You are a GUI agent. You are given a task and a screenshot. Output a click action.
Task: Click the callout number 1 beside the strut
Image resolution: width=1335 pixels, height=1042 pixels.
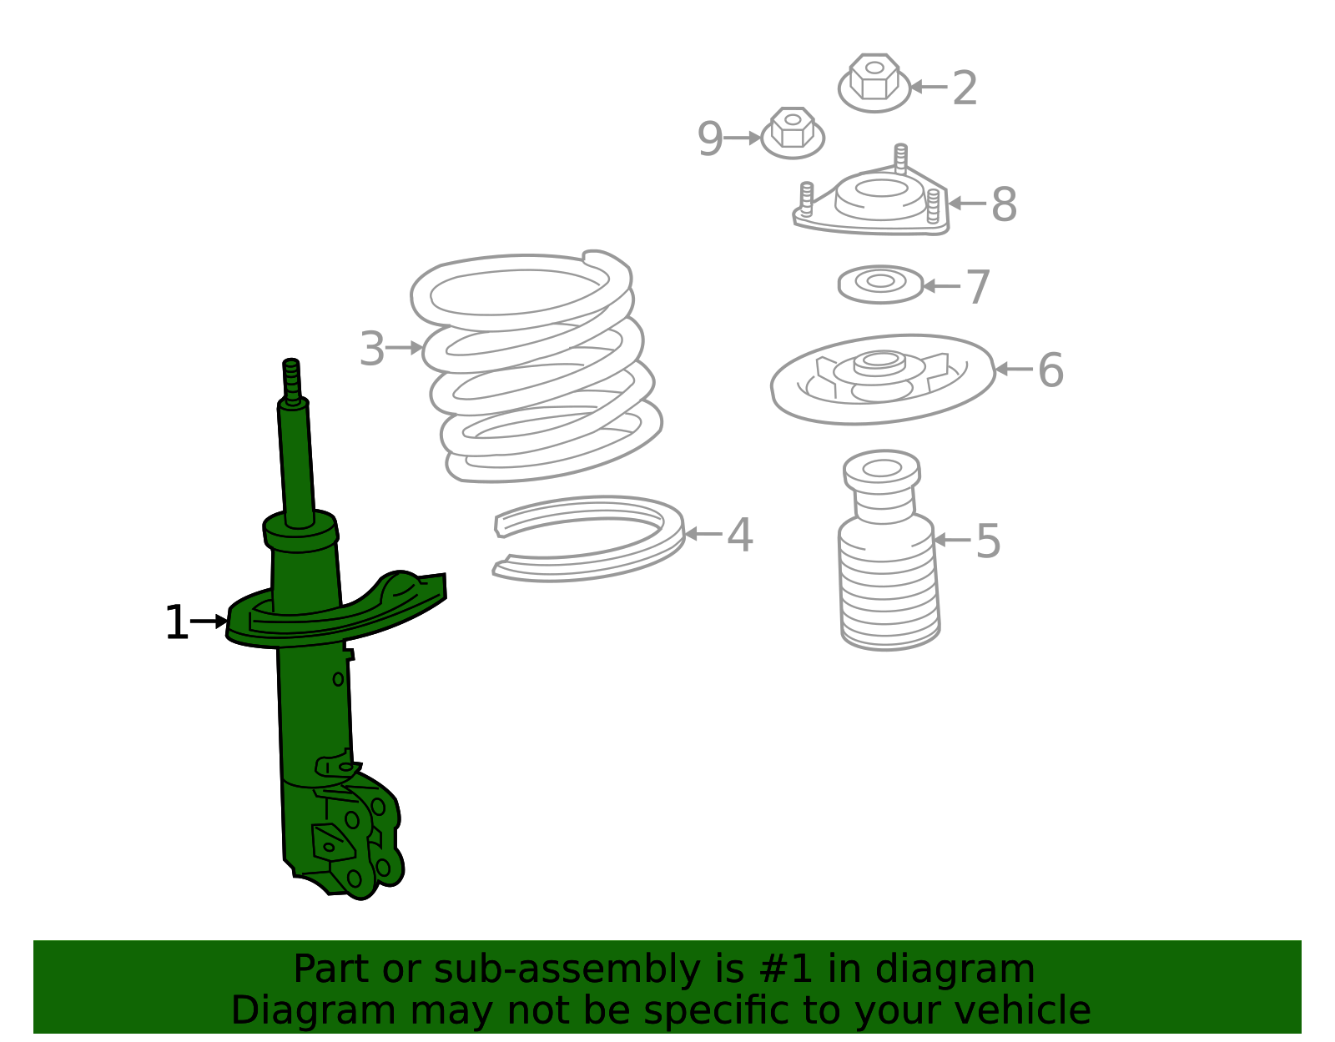pyautogui.click(x=177, y=622)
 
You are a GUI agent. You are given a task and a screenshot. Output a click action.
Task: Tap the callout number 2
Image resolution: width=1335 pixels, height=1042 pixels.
pyautogui.click(x=964, y=88)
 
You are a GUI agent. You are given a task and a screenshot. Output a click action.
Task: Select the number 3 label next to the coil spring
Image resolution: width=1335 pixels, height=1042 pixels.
pyautogui.click(x=371, y=348)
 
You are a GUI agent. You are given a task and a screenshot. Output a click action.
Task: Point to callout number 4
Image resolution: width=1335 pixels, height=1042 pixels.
pyautogui.click(x=740, y=535)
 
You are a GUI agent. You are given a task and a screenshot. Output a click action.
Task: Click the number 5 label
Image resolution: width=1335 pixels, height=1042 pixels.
pyautogui.click(x=988, y=541)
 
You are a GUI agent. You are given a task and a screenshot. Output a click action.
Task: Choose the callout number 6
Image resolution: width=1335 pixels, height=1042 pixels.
pyautogui.click(x=1050, y=370)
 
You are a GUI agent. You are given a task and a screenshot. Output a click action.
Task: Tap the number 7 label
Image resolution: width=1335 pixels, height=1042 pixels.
pyautogui.click(x=978, y=287)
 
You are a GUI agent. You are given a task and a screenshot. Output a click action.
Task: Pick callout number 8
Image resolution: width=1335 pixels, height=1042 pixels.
pyautogui.click(x=1004, y=204)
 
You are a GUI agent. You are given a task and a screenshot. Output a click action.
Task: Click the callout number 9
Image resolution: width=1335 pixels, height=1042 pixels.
pyautogui.click(x=709, y=138)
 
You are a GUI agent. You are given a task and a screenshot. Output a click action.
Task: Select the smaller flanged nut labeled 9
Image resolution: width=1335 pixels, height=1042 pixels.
pyautogui.click(x=792, y=133)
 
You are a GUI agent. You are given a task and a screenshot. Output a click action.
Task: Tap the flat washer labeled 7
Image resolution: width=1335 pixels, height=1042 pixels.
pyautogui.click(x=880, y=284)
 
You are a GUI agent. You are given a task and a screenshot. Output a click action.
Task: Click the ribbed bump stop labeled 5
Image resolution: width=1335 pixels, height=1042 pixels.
pyautogui.click(x=888, y=551)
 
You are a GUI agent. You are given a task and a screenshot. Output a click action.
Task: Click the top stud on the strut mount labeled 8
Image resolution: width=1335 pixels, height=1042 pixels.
pyautogui.click(x=900, y=157)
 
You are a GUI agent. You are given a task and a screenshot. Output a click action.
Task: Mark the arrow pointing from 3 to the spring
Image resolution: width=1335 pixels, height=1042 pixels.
pyautogui.click(x=404, y=348)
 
